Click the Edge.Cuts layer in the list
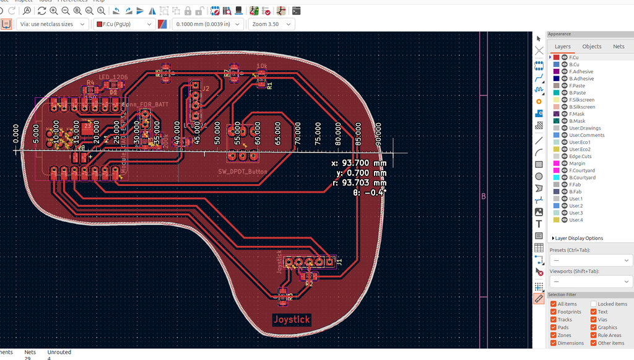click(x=580, y=156)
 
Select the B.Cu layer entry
click(x=574, y=64)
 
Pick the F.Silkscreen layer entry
click(x=581, y=100)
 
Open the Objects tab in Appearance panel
click(x=591, y=46)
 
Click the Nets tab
click(x=619, y=46)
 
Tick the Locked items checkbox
click(x=594, y=304)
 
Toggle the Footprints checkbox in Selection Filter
click(x=554, y=312)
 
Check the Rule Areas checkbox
click(x=594, y=335)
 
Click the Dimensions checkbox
click(x=554, y=343)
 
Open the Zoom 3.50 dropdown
click(x=271, y=24)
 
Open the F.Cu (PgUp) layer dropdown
click(x=123, y=24)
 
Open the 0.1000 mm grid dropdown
click(x=207, y=24)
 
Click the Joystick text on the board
click(x=292, y=320)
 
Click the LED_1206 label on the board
click(x=113, y=77)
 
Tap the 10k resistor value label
click(x=262, y=66)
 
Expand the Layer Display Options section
click(x=578, y=238)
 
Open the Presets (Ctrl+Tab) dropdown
click(x=590, y=260)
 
